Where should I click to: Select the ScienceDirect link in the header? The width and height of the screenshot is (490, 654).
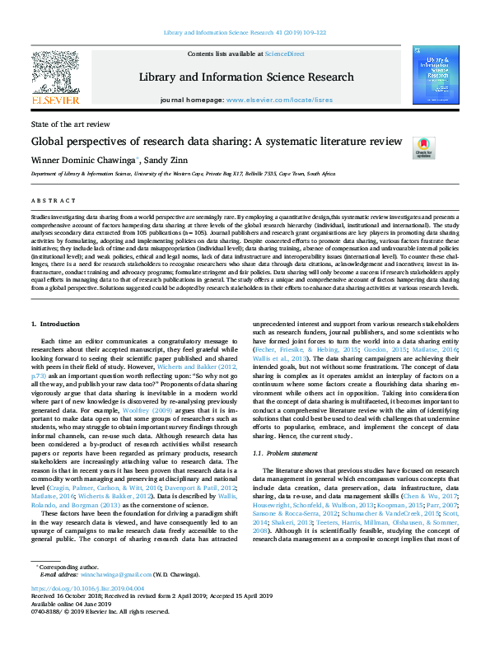pyautogui.click(x=284, y=54)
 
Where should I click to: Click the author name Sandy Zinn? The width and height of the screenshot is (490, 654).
pyautogui.click(x=168, y=159)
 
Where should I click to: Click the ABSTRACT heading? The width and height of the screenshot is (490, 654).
pyautogui.click(x=49, y=200)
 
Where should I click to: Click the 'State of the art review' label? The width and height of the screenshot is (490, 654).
pyautogui.click(x=69, y=124)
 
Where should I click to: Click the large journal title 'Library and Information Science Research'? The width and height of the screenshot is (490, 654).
pyautogui.click(x=245, y=75)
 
